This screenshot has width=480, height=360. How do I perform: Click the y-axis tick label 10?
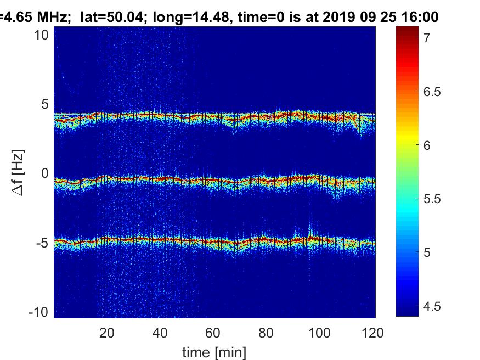(41, 35)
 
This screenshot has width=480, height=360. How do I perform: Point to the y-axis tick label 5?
(45, 104)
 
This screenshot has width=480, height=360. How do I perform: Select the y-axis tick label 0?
(45, 173)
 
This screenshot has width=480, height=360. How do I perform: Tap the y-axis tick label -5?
(43, 243)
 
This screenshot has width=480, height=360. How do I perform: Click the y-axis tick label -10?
(38, 312)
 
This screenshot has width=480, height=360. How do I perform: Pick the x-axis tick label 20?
(107, 333)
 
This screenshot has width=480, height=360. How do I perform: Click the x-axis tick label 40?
(160, 333)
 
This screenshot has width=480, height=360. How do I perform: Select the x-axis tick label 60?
(213, 333)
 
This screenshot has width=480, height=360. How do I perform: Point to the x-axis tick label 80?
(266, 333)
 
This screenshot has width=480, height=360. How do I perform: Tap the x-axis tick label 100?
(319, 333)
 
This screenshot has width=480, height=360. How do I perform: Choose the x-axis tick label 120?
(372, 333)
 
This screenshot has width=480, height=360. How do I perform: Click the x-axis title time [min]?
(214, 352)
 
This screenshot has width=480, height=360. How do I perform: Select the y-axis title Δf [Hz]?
(18, 173)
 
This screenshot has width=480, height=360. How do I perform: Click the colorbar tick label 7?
(427, 38)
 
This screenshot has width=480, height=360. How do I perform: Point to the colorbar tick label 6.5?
(432, 92)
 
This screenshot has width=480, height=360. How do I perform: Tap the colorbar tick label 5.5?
(432, 199)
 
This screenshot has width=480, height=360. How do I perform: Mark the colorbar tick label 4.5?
(432, 306)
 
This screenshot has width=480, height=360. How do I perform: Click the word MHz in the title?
(51, 17)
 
